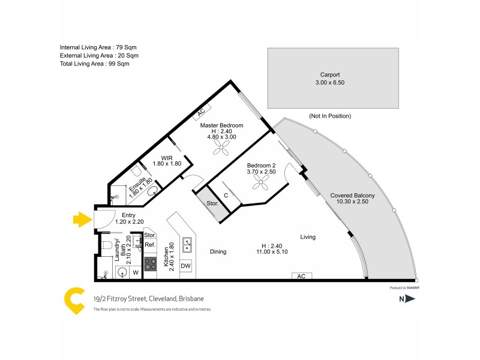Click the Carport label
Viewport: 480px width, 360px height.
330,75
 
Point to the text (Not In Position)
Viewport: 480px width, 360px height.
330,116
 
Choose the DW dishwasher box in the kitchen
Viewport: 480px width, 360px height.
186,266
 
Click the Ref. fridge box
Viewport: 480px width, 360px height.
150,245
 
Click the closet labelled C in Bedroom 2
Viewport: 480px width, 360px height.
226,195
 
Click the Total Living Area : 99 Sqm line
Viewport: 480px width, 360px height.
94,64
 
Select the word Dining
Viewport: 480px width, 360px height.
218,252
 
